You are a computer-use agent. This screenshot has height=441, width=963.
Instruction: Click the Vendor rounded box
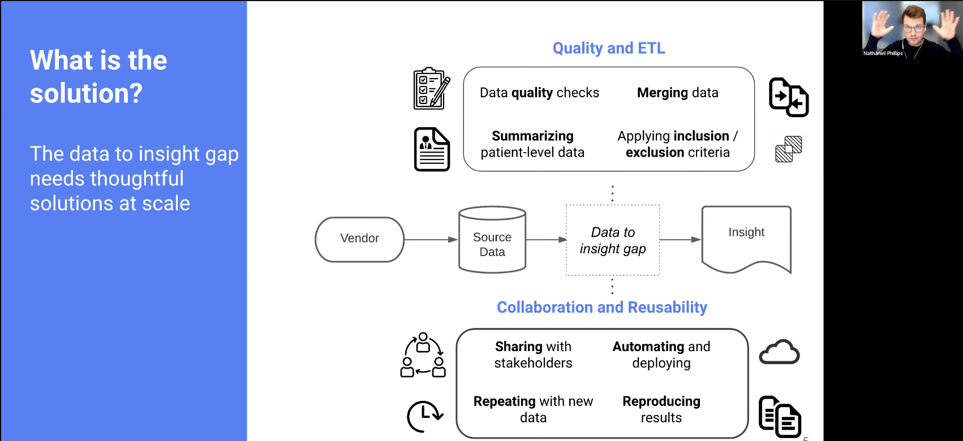[359, 239]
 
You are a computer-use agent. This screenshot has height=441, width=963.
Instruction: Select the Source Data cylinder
[492, 244]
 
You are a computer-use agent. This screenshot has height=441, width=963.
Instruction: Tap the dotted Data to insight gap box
[613, 240]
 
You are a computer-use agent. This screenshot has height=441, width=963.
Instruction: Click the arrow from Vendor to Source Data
[431, 240]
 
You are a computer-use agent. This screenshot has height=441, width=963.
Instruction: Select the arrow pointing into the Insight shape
[680, 240]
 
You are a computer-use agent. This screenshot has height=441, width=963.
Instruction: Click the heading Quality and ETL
[608, 48]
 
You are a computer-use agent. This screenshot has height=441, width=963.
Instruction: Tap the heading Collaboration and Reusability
[601, 307]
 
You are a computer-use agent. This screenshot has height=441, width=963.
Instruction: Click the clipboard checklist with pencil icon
[432, 89]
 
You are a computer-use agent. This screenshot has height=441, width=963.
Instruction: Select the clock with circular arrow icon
[424, 416]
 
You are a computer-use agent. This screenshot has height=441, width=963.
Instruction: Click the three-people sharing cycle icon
[423, 355]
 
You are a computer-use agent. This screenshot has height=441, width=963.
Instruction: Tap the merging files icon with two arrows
[788, 97]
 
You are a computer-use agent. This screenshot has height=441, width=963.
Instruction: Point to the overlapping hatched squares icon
[788, 149]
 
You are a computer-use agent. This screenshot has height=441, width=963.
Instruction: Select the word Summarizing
[532, 136]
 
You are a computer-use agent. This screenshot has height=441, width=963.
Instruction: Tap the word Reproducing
[661, 401]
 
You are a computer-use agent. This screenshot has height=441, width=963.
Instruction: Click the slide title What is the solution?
[98, 76]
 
